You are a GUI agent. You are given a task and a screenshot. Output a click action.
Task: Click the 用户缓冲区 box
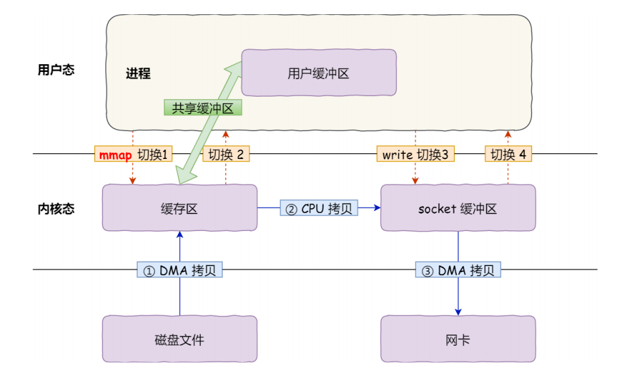click(x=319, y=73)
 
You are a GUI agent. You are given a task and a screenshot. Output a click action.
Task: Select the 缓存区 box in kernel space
click(x=179, y=208)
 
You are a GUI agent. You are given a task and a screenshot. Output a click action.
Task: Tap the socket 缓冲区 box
click(x=458, y=208)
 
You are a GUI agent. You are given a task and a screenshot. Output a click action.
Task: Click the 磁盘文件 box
click(x=179, y=339)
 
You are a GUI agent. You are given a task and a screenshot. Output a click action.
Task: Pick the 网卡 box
click(x=458, y=339)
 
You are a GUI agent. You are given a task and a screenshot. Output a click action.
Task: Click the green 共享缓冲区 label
click(x=202, y=108)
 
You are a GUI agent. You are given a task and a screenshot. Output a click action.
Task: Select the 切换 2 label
click(x=226, y=154)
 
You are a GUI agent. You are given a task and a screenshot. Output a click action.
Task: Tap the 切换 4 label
click(x=508, y=154)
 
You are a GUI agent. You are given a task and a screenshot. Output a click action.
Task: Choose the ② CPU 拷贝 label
click(x=319, y=208)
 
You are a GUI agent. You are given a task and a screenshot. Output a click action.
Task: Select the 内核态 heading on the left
click(x=56, y=209)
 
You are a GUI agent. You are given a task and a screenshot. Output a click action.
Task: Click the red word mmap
click(x=115, y=154)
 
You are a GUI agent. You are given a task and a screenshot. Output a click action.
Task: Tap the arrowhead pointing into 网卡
click(x=458, y=311)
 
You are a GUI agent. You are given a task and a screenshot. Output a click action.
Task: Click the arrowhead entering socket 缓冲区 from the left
click(x=376, y=208)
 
